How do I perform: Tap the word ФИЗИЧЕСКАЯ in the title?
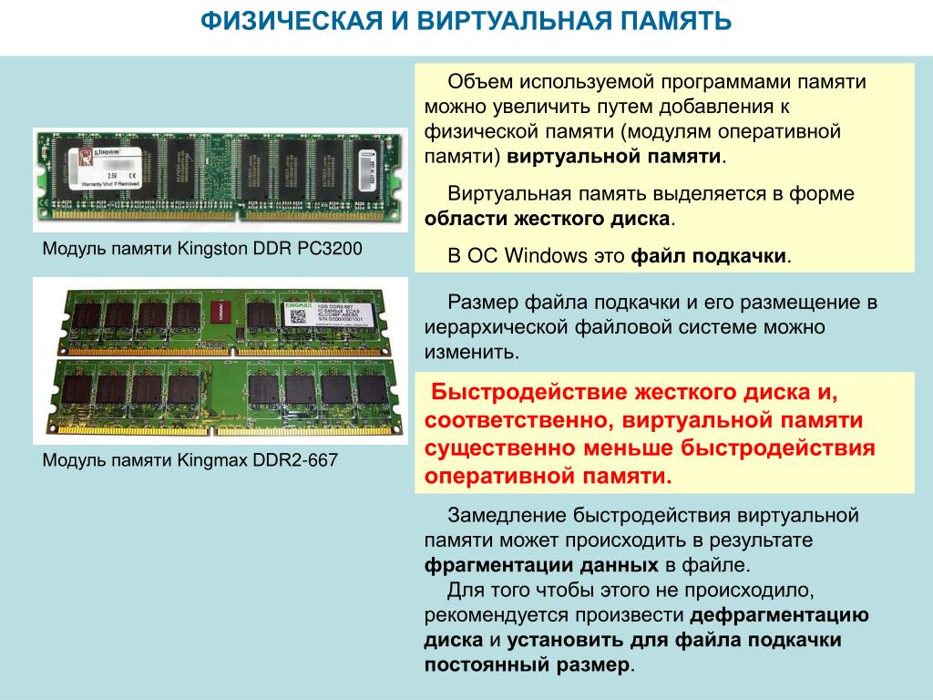(x=291, y=21)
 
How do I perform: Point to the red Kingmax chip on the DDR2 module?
(x=220, y=314)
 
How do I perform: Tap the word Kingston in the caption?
(x=212, y=249)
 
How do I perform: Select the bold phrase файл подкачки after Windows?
(x=708, y=256)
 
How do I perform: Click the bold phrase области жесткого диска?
(x=548, y=219)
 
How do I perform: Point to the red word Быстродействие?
(x=529, y=392)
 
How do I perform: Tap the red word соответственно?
(x=518, y=420)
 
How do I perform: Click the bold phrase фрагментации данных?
(x=541, y=565)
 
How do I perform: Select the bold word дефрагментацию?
(x=780, y=615)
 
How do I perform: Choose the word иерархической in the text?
(x=496, y=327)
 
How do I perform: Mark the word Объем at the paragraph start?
(x=479, y=81)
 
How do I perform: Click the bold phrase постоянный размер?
(x=527, y=664)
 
